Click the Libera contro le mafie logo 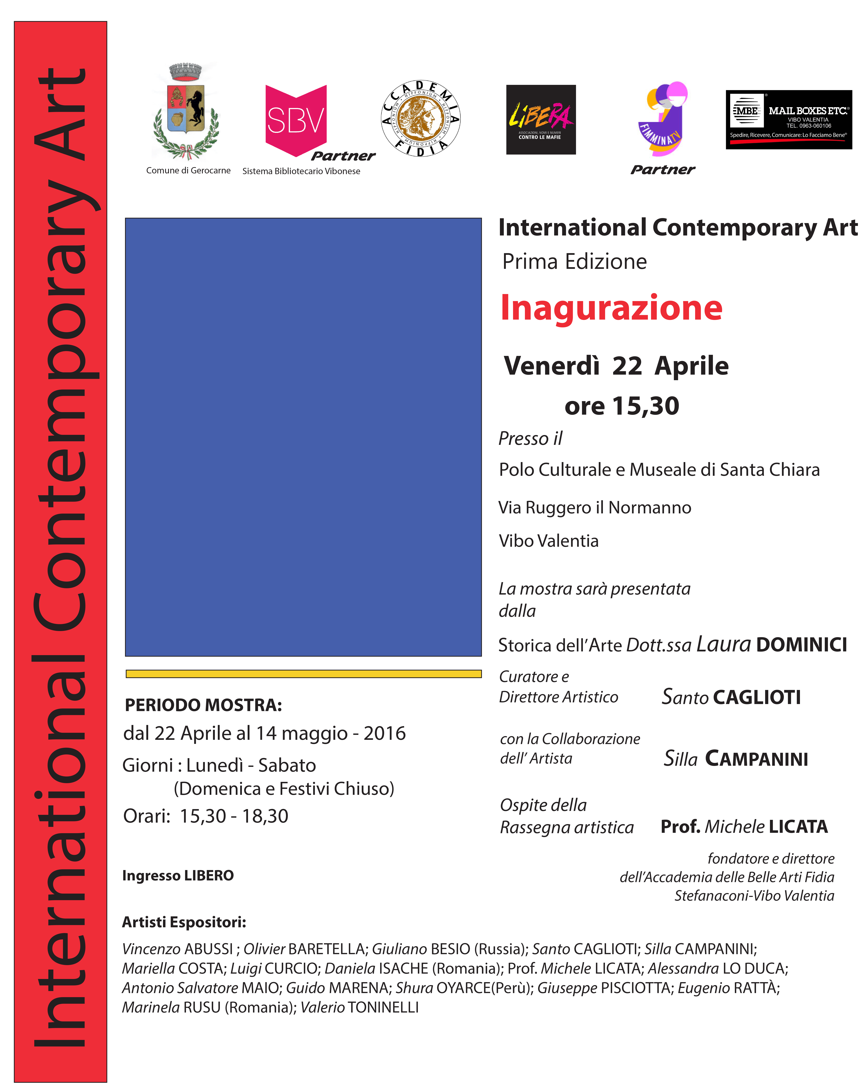tap(540, 120)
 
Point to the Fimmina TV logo tap(663, 120)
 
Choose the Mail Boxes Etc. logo tap(788, 120)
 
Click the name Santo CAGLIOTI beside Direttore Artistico tap(731, 697)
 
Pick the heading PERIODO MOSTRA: tap(203, 705)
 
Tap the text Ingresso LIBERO tap(178, 875)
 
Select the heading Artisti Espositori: tap(184, 922)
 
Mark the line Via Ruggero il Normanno tap(595, 507)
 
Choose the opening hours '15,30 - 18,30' tap(234, 816)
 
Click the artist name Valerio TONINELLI tap(359, 1007)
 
